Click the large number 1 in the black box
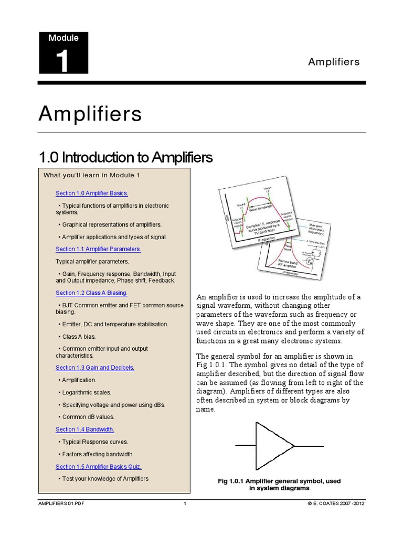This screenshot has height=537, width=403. (62, 61)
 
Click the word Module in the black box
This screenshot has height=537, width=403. (63, 38)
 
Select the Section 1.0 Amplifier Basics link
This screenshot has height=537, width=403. (92, 193)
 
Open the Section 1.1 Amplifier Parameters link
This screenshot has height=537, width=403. (98, 249)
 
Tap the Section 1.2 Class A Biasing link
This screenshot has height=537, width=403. (91, 293)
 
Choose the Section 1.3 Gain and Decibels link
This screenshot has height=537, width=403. (95, 368)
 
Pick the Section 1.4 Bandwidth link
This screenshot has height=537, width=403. (85, 429)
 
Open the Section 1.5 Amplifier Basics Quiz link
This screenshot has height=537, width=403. (99, 466)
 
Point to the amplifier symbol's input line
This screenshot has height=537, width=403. (246, 446)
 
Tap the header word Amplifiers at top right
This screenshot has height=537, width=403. (334, 62)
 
